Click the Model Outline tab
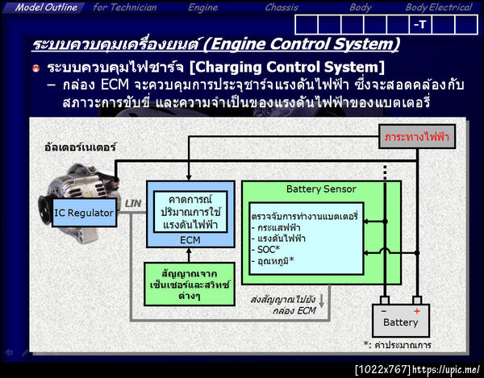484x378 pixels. tap(46, 7)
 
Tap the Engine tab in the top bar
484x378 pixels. tap(202, 7)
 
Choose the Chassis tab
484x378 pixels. tap(282, 7)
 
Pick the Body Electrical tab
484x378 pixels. tap(438, 7)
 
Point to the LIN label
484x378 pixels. tap(132, 204)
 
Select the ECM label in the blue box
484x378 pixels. tap(190, 239)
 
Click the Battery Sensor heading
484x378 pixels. tap(321, 189)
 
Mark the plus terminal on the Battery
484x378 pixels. tap(416, 310)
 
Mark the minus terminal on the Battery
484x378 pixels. tap(385, 310)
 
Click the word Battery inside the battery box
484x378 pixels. tap(401, 322)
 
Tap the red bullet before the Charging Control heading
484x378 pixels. tap(36, 66)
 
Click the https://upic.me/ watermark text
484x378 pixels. tap(446, 370)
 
